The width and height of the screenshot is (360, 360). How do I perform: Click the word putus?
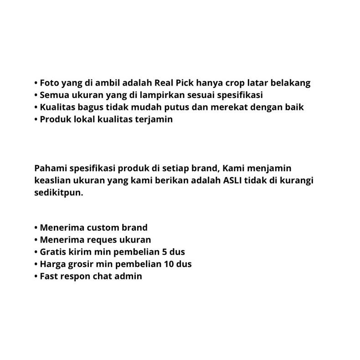195,108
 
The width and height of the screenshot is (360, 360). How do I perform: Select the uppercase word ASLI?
233,180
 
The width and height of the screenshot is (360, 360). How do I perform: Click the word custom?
103,227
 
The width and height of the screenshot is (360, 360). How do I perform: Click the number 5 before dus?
165,252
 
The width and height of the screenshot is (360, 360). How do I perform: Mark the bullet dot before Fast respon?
36,277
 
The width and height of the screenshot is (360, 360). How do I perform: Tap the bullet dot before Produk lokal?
36,120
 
